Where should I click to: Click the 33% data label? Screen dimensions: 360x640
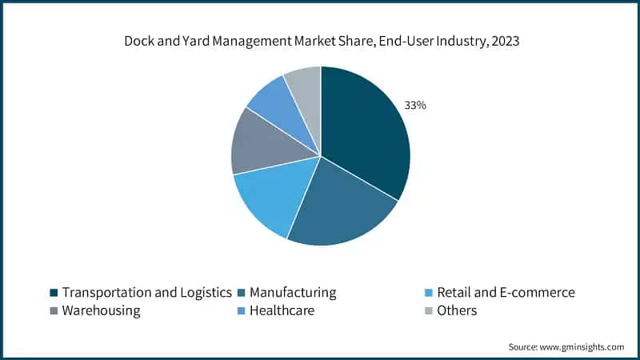[x=415, y=105]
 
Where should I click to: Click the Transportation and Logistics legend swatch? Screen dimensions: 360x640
[x=54, y=293]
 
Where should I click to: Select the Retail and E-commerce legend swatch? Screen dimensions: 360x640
[x=430, y=293]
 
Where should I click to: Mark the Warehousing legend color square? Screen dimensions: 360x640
[x=54, y=311]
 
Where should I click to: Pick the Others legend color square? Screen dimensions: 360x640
[x=430, y=311]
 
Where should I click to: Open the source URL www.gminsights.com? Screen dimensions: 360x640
[x=582, y=346]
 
